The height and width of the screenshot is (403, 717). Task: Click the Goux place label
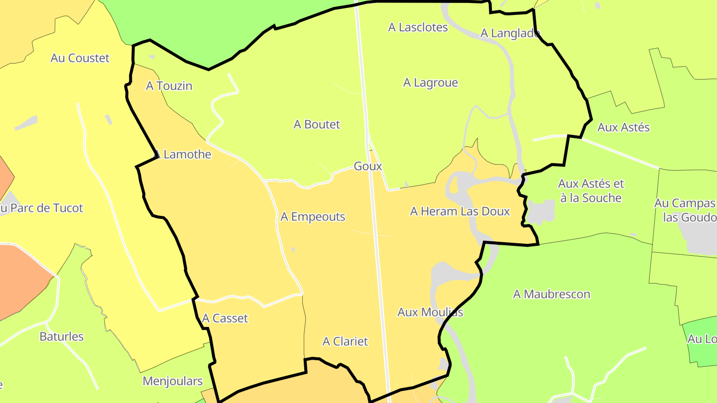[x=367, y=166]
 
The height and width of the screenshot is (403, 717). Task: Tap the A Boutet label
[x=317, y=124]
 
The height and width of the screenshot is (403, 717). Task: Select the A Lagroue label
[x=430, y=83]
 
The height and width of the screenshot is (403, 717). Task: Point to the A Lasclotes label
[x=418, y=27]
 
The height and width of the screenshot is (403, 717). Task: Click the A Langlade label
[x=510, y=33]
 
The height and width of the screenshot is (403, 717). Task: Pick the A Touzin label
[x=169, y=86]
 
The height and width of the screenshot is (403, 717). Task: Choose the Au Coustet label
[x=80, y=58]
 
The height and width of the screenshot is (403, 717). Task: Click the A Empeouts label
[x=313, y=217]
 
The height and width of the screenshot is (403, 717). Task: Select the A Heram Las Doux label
[x=460, y=211]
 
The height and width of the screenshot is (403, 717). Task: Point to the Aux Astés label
[x=623, y=127]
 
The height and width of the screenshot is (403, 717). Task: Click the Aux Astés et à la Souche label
[x=591, y=191]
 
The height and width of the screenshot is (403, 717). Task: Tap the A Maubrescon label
[x=551, y=294]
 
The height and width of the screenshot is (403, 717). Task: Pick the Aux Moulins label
[x=430, y=312]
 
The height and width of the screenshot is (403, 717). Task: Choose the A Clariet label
[x=345, y=341]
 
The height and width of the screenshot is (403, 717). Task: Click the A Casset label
[x=225, y=318]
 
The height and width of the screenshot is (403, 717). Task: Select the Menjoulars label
[x=172, y=381]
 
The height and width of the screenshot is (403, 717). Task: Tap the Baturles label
[x=62, y=336]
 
